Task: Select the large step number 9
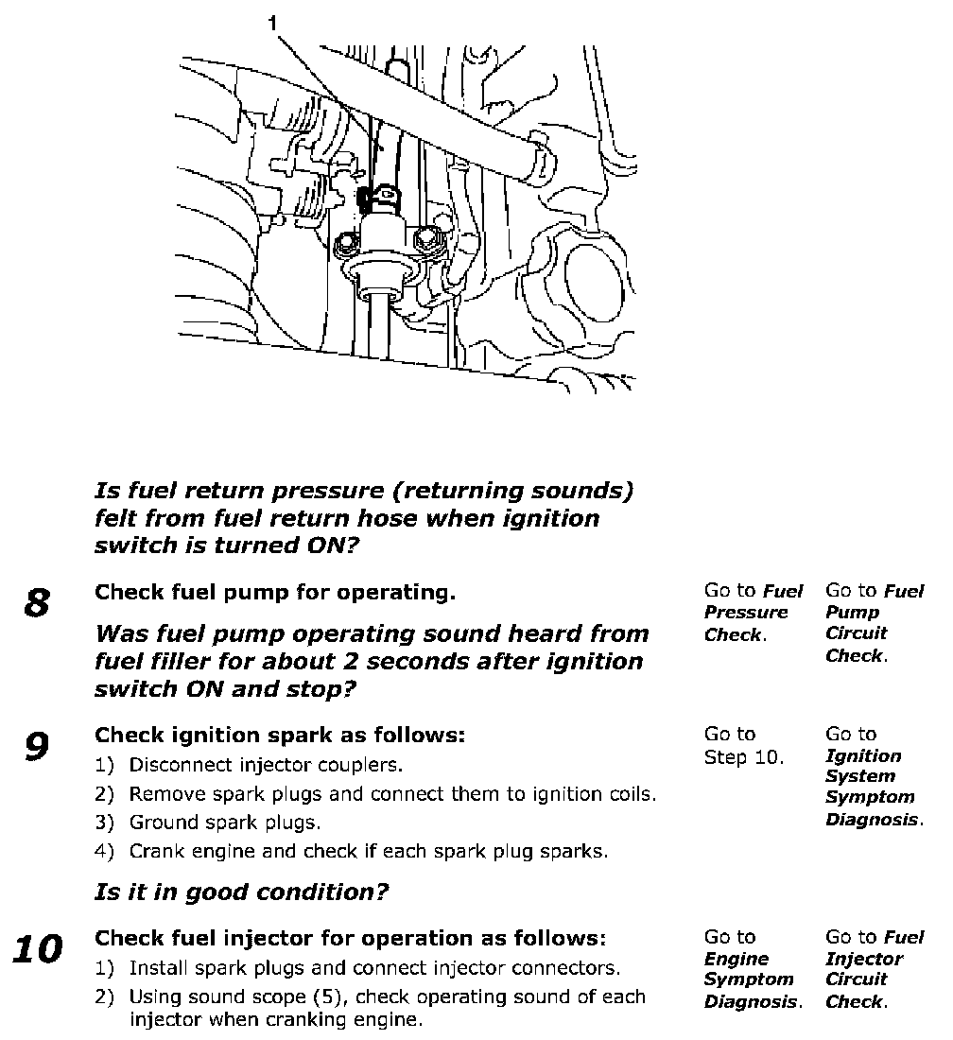36,747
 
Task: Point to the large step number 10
38,950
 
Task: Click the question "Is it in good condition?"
242,892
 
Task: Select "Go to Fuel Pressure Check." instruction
753,613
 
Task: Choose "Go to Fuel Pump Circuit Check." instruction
875,623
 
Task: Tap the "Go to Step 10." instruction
743,746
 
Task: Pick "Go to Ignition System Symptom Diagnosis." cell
874,776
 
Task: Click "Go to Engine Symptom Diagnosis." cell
753,969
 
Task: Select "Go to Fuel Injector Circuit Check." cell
875,969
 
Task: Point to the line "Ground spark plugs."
225,823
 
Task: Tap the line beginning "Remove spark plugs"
392,794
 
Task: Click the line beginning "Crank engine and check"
369,851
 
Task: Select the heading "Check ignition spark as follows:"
280,735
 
